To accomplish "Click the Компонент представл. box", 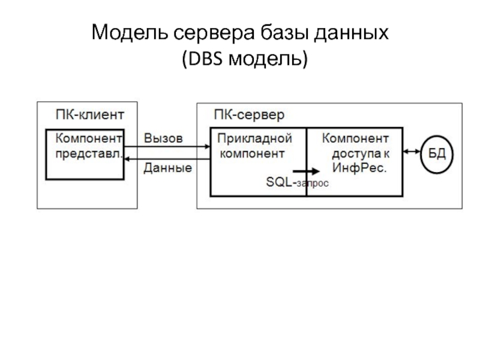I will click(x=86, y=154).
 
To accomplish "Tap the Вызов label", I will click(x=163, y=138).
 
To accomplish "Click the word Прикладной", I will click(x=254, y=139).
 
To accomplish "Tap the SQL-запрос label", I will click(x=297, y=183).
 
